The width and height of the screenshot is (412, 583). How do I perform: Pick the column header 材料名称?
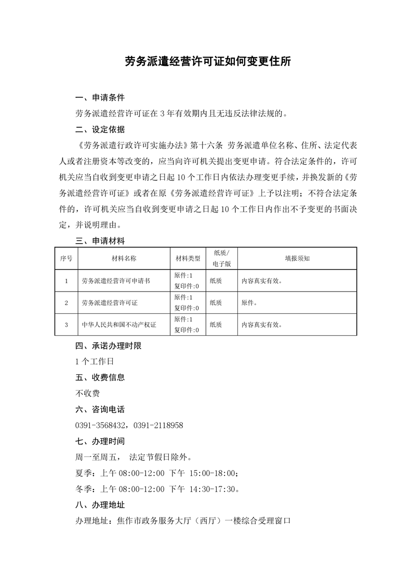(124, 258)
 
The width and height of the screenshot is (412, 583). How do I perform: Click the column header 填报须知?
(297, 258)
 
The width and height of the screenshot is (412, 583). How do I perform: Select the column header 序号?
(66, 258)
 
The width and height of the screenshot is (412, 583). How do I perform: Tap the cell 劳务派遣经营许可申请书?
(116, 281)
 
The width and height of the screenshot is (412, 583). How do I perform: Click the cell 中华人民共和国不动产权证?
(119, 325)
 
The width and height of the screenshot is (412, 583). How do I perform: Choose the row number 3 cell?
(66, 325)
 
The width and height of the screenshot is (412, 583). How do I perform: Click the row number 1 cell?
(66, 281)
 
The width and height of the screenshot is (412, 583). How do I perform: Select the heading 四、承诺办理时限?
(108, 346)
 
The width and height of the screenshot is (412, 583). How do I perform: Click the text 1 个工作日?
(94, 361)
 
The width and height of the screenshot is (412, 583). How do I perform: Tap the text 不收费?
(88, 393)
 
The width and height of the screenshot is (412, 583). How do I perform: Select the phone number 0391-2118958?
(158, 426)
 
